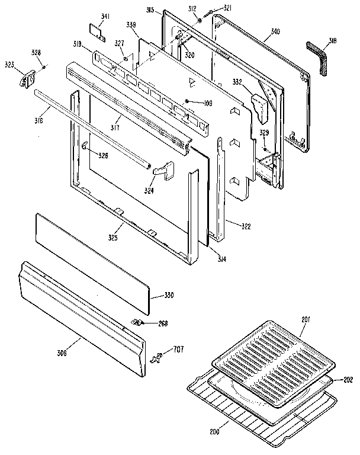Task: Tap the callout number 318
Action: (x=333, y=41)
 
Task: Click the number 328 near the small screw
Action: (x=36, y=53)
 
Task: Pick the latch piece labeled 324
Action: (x=163, y=171)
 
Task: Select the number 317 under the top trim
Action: (x=115, y=127)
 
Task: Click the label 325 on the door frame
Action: (x=112, y=238)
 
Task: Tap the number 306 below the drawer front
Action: (x=62, y=354)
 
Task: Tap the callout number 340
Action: (x=275, y=31)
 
